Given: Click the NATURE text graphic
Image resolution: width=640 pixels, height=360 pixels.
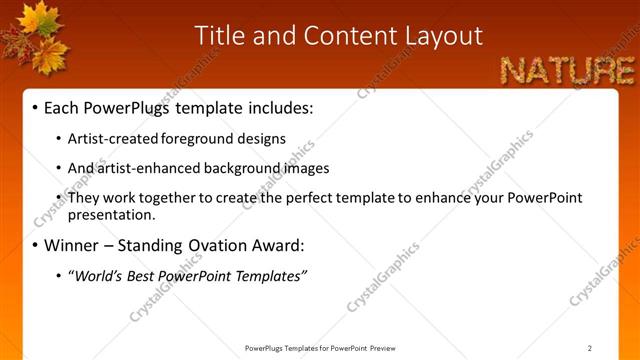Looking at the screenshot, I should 567,70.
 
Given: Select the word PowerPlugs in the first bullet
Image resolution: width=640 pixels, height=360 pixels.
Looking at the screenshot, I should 121,106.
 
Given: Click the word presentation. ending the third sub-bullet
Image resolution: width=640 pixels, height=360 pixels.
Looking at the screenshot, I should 112,214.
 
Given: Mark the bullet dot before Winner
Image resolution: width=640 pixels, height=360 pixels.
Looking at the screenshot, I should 36,246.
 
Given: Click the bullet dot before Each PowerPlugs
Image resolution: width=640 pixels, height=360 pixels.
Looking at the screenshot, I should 36,107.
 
